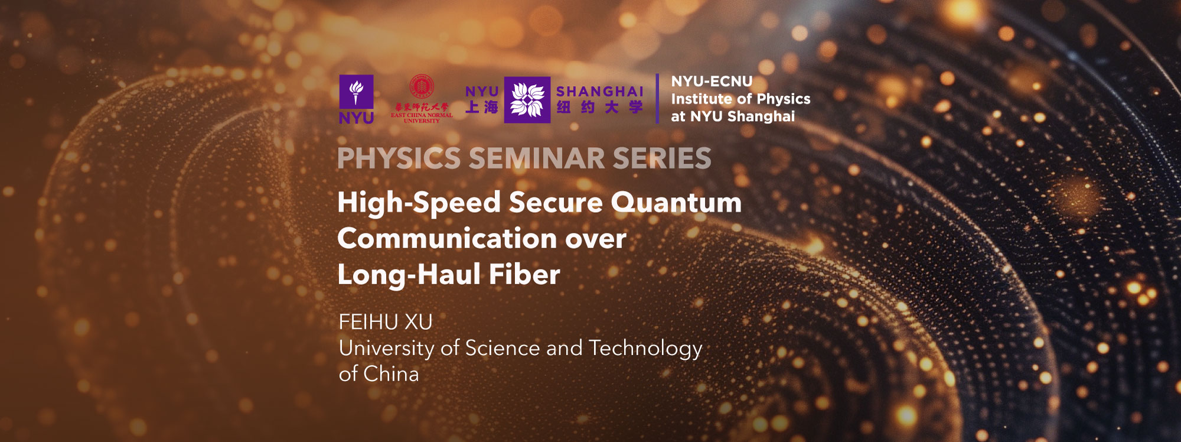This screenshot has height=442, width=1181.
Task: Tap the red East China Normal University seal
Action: pyautogui.click(x=422, y=86)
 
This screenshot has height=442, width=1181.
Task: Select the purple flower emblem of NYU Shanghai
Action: pyautogui.click(x=527, y=99)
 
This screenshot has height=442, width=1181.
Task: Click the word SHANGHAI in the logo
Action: pyautogui.click(x=599, y=92)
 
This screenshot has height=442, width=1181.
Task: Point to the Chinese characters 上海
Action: pyautogui.click(x=482, y=107)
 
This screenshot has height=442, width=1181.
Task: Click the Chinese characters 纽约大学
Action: pyautogui.click(x=599, y=108)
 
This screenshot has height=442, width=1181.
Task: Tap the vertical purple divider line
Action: pyautogui.click(x=657, y=99)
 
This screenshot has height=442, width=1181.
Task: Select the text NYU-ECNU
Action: pyautogui.click(x=712, y=82)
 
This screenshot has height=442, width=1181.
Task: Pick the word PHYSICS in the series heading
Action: pyautogui.click(x=399, y=158)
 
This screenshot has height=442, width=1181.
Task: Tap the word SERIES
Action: pyautogui.click(x=661, y=158)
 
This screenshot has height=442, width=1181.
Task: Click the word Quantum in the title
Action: pyautogui.click(x=676, y=203)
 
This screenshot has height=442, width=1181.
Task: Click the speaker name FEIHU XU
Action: pyautogui.click(x=386, y=322)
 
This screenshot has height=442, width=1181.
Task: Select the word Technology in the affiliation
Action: pyautogui.click(x=645, y=349)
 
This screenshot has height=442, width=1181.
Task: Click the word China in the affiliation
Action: pyautogui.click(x=391, y=374)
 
